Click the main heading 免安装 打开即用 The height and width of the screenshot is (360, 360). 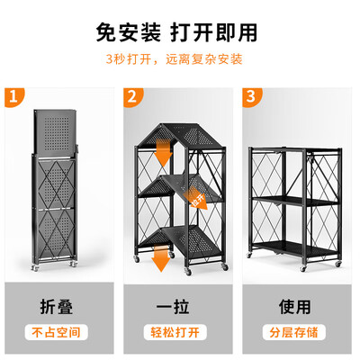point(176,32)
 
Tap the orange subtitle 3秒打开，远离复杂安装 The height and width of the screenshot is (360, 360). point(174,59)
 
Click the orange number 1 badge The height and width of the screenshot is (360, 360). point(13,97)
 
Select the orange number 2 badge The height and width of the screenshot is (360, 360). point(132,97)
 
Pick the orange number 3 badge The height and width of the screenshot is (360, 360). point(251,97)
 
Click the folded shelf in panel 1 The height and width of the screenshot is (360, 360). point(55,190)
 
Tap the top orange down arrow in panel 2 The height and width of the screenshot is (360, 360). point(163,152)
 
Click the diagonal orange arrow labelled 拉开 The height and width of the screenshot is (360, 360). point(195,197)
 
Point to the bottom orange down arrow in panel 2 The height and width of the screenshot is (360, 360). point(161,258)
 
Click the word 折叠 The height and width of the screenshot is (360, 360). point(57,307)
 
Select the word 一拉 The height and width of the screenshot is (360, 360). point(173,307)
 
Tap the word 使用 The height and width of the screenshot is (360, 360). point(295,307)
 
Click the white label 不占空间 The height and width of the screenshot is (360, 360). point(56,332)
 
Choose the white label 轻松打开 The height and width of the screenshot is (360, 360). point(175,332)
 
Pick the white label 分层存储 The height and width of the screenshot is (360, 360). point(293,332)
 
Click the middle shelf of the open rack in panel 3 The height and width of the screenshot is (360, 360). point(295,201)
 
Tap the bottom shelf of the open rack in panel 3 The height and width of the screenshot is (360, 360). point(295,249)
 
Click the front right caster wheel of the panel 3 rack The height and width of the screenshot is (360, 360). point(338,264)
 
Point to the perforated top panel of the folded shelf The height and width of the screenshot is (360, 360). point(55,132)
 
